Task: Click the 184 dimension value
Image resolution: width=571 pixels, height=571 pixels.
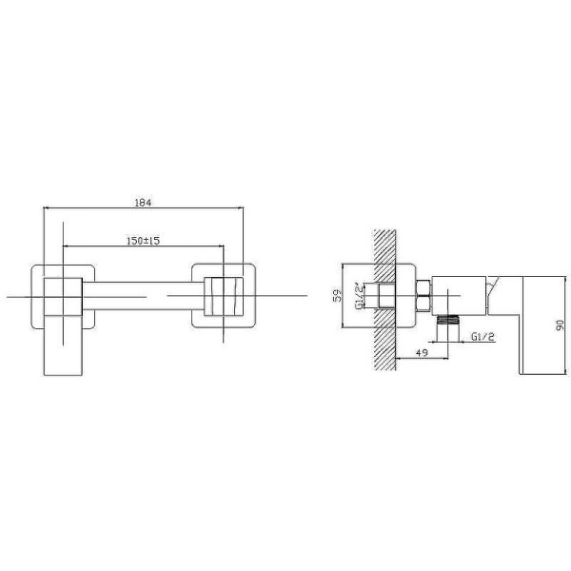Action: pos(143,203)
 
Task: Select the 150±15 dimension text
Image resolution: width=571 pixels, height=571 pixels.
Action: pos(143,241)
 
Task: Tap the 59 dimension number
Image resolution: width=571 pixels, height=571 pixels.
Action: pos(338,295)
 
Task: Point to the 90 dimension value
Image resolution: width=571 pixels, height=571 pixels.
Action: pos(561,325)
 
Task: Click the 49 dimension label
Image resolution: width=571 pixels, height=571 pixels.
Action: pos(422,352)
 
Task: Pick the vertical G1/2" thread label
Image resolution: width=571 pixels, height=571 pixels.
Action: pos(359,296)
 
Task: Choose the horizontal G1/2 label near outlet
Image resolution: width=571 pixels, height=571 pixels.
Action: pos(482,337)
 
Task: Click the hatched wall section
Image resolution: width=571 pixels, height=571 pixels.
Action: pos(384,300)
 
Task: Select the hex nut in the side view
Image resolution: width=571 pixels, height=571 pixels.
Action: pos(423,296)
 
